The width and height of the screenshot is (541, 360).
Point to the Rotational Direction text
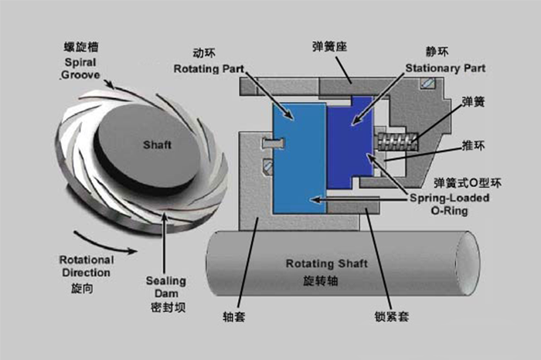(86, 267)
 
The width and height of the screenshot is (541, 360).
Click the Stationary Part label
(446, 67)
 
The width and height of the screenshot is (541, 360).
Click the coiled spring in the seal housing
(399, 141)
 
